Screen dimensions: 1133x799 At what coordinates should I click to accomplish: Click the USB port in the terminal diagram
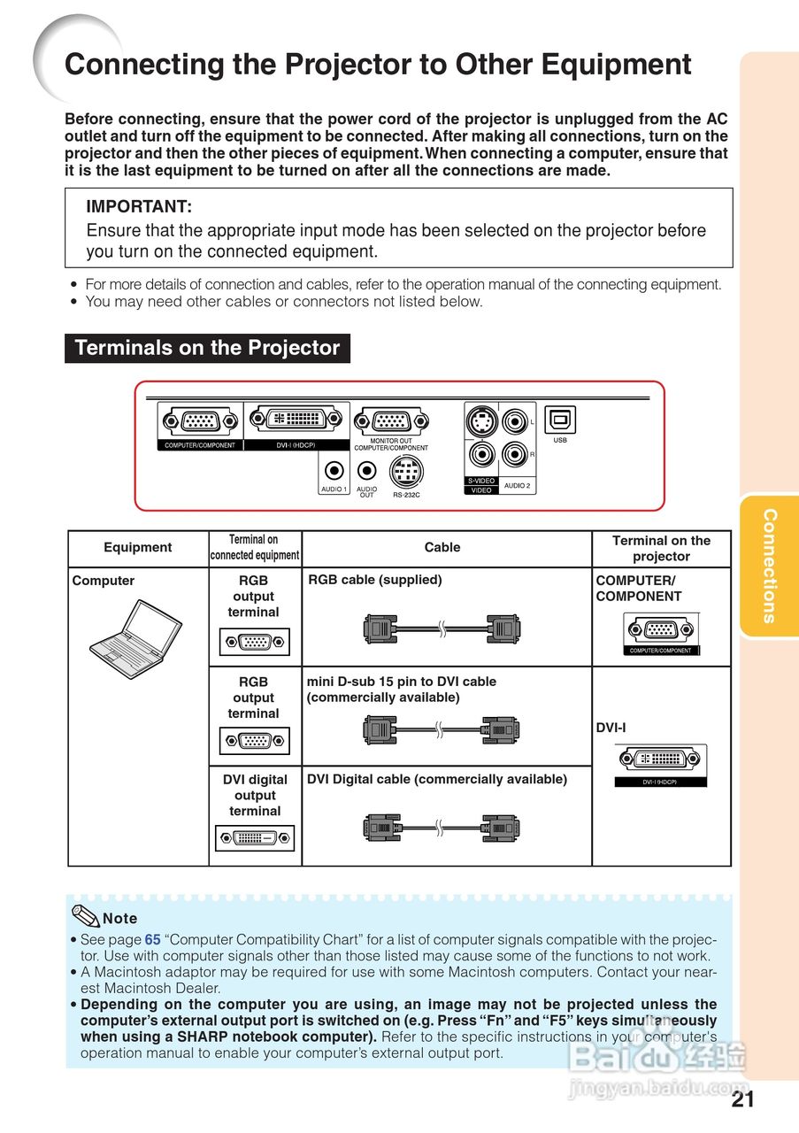pyautogui.click(x=560, y=420)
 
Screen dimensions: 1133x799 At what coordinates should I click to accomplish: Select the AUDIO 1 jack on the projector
pyautogui.click(x=334, y=472)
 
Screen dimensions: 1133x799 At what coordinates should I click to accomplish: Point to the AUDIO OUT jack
pyautogui.click(x=367, y=472)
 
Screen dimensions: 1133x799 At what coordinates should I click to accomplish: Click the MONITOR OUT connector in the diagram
pyautogui.click(x=391, y=422)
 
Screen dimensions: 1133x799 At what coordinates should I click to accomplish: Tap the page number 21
pyautogui.click(x=743, y=1099)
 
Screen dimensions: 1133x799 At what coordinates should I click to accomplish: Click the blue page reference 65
pyautogui.click(x=153, y=939)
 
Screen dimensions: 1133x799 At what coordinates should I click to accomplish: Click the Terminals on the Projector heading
pyautogui.click(x=207, y=348)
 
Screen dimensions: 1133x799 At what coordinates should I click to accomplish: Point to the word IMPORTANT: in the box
pyautogui.click(x=139, y=207)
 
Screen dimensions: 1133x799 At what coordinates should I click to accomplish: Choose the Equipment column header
pyautogui.click(x=138, y=547)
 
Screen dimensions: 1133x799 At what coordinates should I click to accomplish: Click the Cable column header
pyautogui.click(x=442, y=547)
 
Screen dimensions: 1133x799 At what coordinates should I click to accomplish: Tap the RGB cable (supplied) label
pyautogui.click(x=375, y=580)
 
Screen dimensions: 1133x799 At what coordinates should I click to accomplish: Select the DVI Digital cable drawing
pyautogui.click(x=442, y=828)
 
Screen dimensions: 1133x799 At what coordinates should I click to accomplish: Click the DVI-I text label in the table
pyautogui.click(x=611, y=728)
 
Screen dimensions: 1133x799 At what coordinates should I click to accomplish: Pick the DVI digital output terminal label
pyautogui.click(x=255, y=795)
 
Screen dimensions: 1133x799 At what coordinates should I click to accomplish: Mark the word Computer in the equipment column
pyautogui.click(x=104, y=581)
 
